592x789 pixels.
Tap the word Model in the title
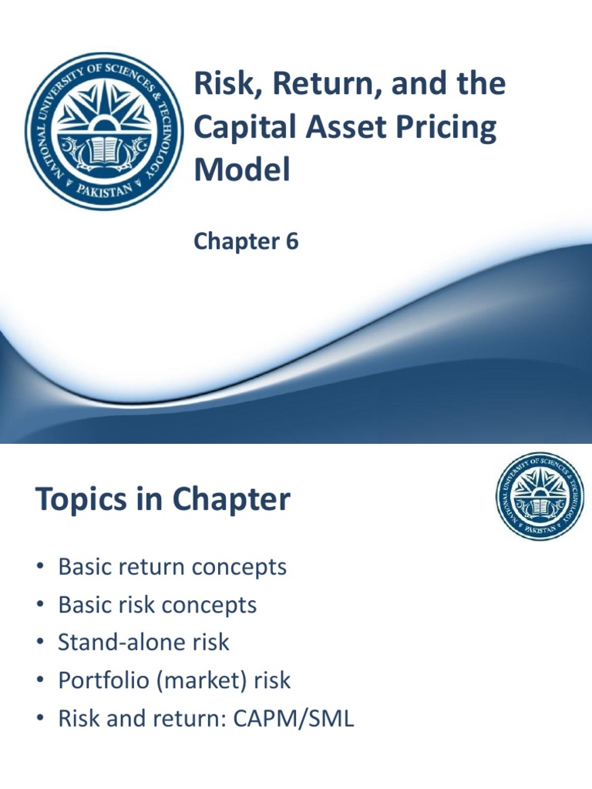tap(241, 170)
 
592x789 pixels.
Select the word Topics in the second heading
tap(77, 501)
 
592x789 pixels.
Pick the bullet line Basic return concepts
tap(172, 568)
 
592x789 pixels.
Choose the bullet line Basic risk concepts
tap(157, 606)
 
